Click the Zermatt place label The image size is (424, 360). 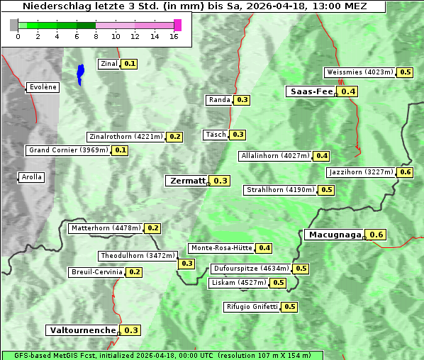coord(187,181)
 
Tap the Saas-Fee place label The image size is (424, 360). coord(311,91)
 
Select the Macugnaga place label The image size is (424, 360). coord(334,235)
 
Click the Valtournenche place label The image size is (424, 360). coord(82,330)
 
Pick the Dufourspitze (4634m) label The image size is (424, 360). coord(251,269)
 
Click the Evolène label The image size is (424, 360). coord(43,87)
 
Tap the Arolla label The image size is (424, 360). coord(31,177)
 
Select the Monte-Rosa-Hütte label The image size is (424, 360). coord(221,248)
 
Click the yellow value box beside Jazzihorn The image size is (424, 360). coord(406,172)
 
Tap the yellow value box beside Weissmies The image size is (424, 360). coord(406,72)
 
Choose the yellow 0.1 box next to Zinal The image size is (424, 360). coord(129,64)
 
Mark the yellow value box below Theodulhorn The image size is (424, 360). coord(186,264)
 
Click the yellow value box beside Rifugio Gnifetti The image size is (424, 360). coord(289,307)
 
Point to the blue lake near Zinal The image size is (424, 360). coord(80,74)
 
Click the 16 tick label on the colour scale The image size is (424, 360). coord(174,36)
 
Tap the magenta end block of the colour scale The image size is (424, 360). coord(177,25)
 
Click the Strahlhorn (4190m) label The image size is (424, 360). coord(279,190)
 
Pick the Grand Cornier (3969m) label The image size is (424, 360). coord(69,150)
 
